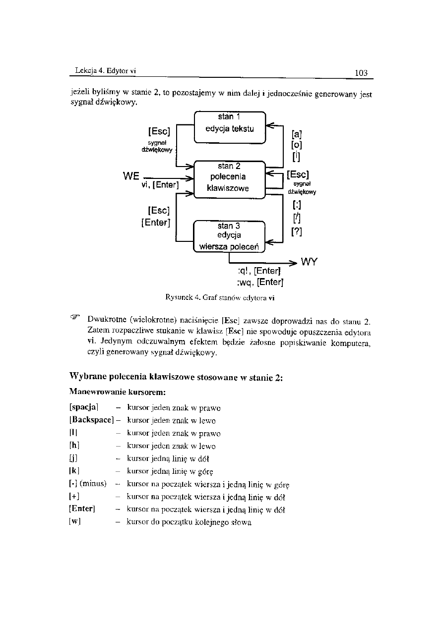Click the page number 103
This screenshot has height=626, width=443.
(361, 73)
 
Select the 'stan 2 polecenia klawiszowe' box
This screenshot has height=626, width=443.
(230, 179)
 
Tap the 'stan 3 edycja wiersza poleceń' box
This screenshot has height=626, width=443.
(229, 236)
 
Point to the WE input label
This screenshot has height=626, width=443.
(133, 176)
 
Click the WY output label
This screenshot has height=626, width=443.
(309, 261)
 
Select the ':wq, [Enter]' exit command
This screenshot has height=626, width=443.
(260, 283)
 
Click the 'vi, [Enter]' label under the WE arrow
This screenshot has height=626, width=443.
(160, 185)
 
